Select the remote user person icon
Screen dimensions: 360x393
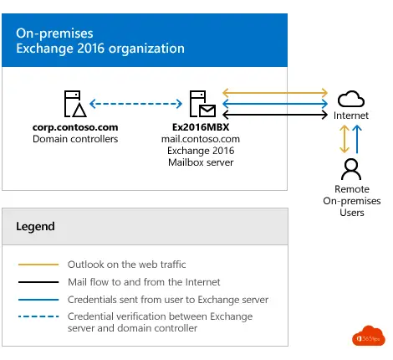click(350, 167)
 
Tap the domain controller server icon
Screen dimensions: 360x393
click(74, 104)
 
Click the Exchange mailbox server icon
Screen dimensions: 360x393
click(200, 104)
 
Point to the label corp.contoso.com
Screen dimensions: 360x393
click(74, 127)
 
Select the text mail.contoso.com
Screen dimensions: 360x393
click(200, 138)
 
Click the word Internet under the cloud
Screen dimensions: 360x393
click(350, 116)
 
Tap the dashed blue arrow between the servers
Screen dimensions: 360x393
click(136, 104)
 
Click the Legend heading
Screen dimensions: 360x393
click(35, 226)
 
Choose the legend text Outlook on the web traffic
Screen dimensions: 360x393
click(125, 264)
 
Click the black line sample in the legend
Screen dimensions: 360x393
click(38, 282)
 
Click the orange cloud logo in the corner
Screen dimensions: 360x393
click(366, 336)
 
